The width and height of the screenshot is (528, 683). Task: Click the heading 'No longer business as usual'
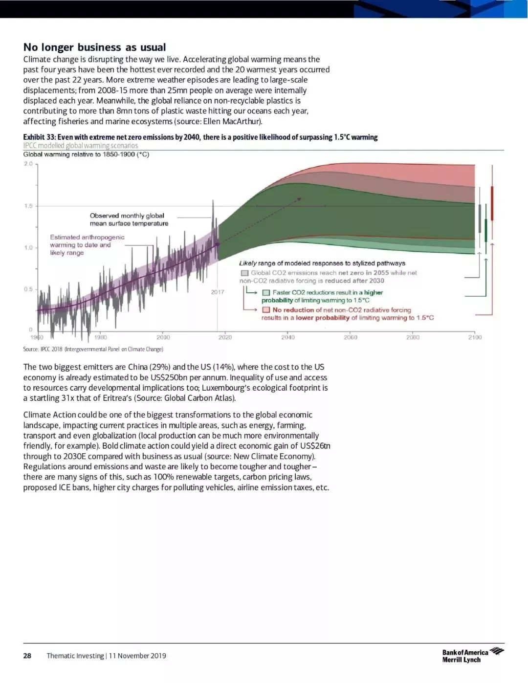coord(95,47)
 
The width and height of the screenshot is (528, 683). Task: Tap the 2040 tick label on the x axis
coord(288,337)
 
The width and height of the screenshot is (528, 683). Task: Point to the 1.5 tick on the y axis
coord(28,206)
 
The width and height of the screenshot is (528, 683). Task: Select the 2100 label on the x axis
coord(475,337)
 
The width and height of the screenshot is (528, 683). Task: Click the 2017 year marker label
coord(218,292)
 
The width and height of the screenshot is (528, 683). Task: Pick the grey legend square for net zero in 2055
coord(244,273)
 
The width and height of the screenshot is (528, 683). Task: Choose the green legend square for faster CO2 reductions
coord(266,293)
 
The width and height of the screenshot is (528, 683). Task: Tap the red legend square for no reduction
coord(266,310)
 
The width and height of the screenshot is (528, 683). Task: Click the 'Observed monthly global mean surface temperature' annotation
coord(129,220)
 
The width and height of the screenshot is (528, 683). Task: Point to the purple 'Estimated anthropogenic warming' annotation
coord(87,245)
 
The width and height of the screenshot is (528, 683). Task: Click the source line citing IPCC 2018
coord(93,349)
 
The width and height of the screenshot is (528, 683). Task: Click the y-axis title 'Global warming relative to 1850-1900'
coord(86,154)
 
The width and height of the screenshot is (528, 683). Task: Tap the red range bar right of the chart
coord(492,203)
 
